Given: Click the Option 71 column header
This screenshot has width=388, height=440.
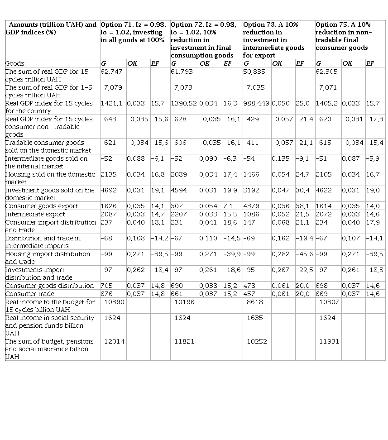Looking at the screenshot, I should tap(134, 32).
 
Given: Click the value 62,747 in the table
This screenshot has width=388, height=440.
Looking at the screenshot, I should tap(111, 72).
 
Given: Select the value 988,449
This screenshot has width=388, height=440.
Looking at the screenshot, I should tap(257, 103).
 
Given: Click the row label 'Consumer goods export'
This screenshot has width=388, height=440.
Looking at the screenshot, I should tap(41, 206).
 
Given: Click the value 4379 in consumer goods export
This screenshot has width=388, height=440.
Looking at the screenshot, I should tap(252, 206).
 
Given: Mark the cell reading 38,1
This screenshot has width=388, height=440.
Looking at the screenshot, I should tap(302, 206).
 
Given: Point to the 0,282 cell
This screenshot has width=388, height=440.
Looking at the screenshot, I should tap(281, 254).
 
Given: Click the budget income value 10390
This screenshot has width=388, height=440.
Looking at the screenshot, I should tap(114, 301).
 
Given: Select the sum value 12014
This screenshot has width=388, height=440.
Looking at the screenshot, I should tap(114, 341).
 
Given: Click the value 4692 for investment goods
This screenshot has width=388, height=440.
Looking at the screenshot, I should tap(109, 190).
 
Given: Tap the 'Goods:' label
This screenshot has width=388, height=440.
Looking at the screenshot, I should tap(15, 63).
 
